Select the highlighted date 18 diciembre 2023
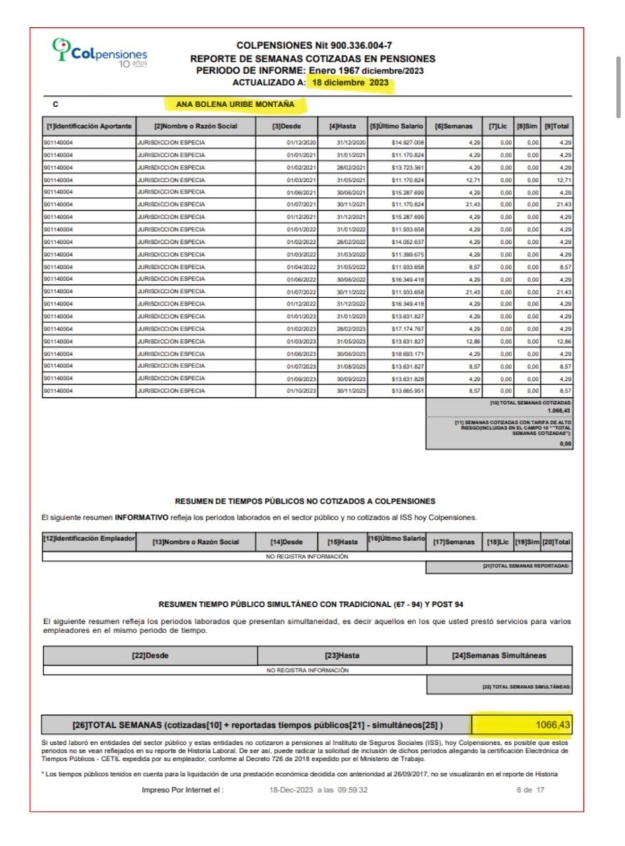[x=350, y=83]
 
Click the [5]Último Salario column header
[x=396, y=126]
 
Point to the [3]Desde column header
[x=287, y=126]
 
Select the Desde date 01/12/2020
[x=301, y=143]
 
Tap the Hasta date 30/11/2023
[x=351, y=391]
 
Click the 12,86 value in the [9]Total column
[x=563, y=341]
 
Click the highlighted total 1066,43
[x=553, y=725]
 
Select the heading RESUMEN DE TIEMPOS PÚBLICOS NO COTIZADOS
[x=305, y=502]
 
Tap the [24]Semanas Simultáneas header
[x=499, y=656]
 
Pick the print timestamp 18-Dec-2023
[x=289, y=790]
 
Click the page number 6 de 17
[x=531, y=790]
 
